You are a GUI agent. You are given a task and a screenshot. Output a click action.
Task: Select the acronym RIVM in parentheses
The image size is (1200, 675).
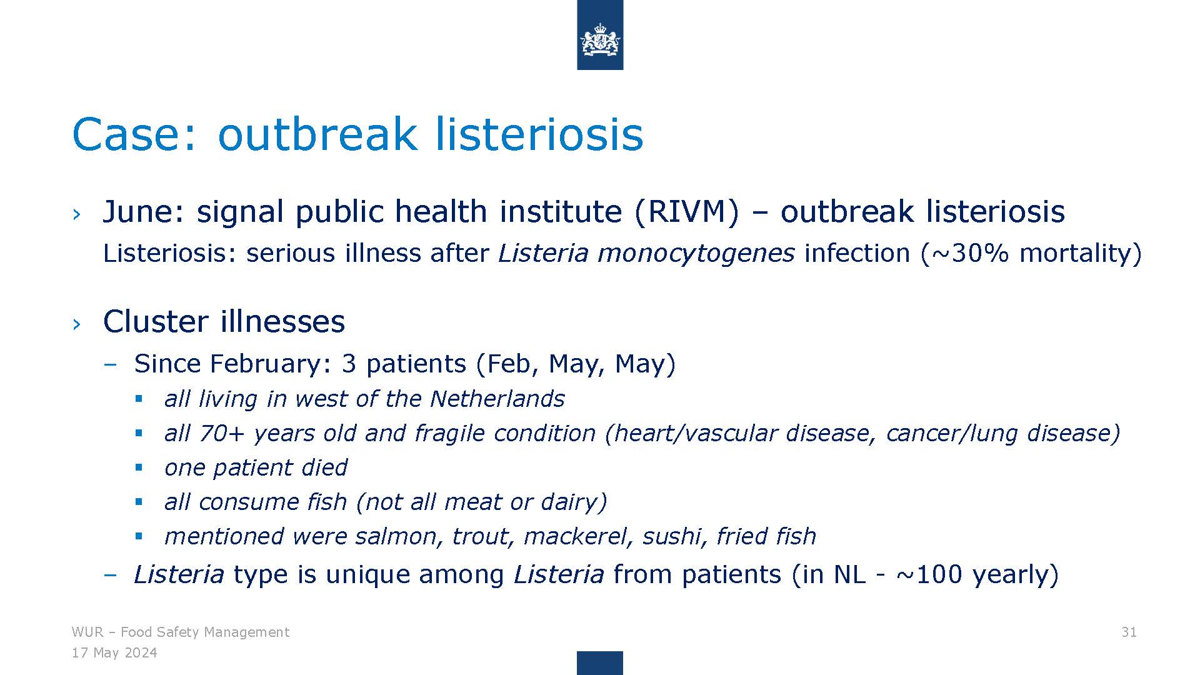click(687, 212)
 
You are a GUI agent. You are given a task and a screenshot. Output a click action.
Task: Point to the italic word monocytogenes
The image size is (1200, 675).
click(696, 254)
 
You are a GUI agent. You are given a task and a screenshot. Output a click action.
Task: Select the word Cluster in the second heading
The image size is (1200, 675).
click(156, 322)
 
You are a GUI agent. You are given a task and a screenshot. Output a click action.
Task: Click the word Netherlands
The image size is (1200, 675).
click(497, 399)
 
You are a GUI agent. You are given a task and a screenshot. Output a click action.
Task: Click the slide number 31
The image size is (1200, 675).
click(1129, 632)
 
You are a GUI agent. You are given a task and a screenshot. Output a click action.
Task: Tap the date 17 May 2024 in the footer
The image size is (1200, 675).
click(114, 653)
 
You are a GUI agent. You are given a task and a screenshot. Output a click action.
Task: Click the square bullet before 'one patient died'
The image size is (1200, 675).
click(139, 467)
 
